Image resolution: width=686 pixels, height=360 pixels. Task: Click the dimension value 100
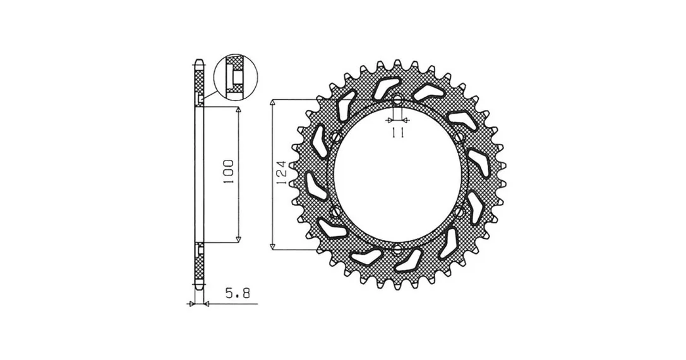tap(230, 171)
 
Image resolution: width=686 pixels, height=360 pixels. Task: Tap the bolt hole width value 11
tap(397, 132)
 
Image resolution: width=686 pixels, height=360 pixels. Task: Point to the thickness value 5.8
tap(238, 292)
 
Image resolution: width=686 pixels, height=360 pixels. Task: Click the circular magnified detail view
tap(236, 76)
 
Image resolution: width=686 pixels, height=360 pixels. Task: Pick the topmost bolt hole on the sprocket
tap(397, 100)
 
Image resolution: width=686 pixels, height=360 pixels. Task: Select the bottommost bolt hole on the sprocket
tap(397, 250)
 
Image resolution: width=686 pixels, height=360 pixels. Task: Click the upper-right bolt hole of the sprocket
tap(459, 137)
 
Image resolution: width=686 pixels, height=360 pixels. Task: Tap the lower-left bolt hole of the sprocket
tap(335, 212)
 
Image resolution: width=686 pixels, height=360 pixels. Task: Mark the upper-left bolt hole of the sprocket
tap(335, 137)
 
